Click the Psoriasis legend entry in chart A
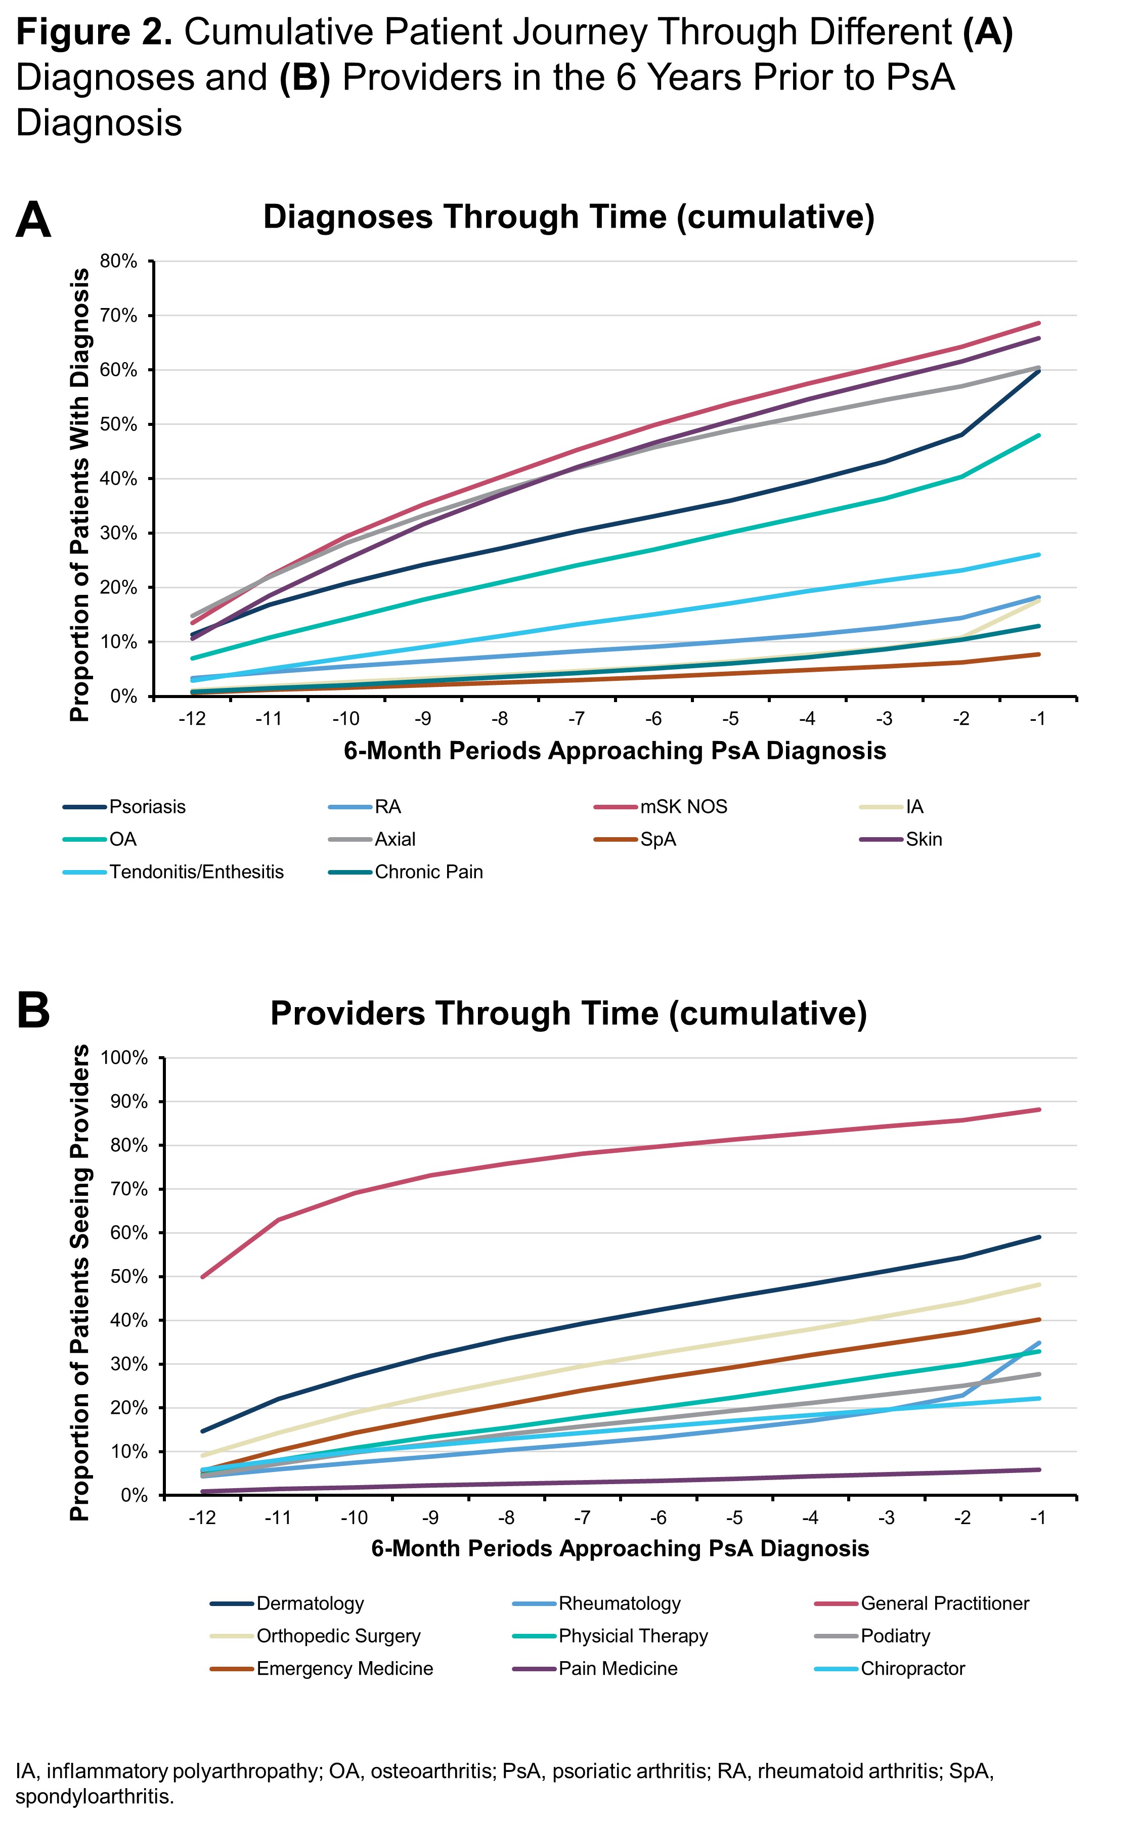(147, 807)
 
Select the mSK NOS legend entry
(683, 807)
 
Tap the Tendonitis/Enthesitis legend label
(196, 872)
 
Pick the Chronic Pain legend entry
(428, 872)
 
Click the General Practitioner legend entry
(945, 1603)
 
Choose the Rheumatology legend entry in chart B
(619, 1603)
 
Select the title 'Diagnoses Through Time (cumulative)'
(568, 216)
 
